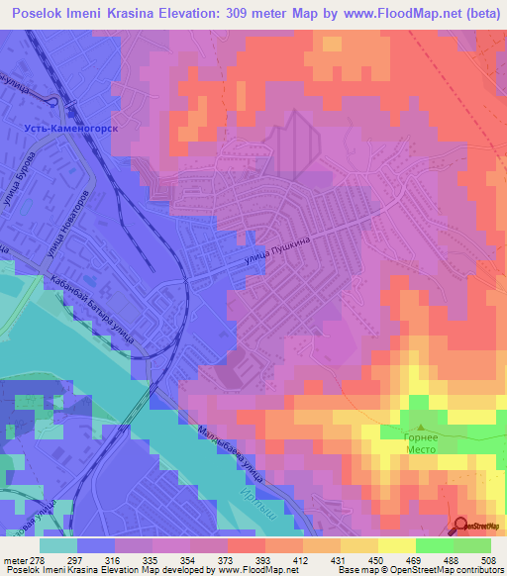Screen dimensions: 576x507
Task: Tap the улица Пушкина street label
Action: click(x=280, y=255)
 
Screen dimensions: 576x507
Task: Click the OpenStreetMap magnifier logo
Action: click(x=461, y=526)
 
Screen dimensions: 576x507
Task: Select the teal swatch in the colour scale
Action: click(x=58, y=545)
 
